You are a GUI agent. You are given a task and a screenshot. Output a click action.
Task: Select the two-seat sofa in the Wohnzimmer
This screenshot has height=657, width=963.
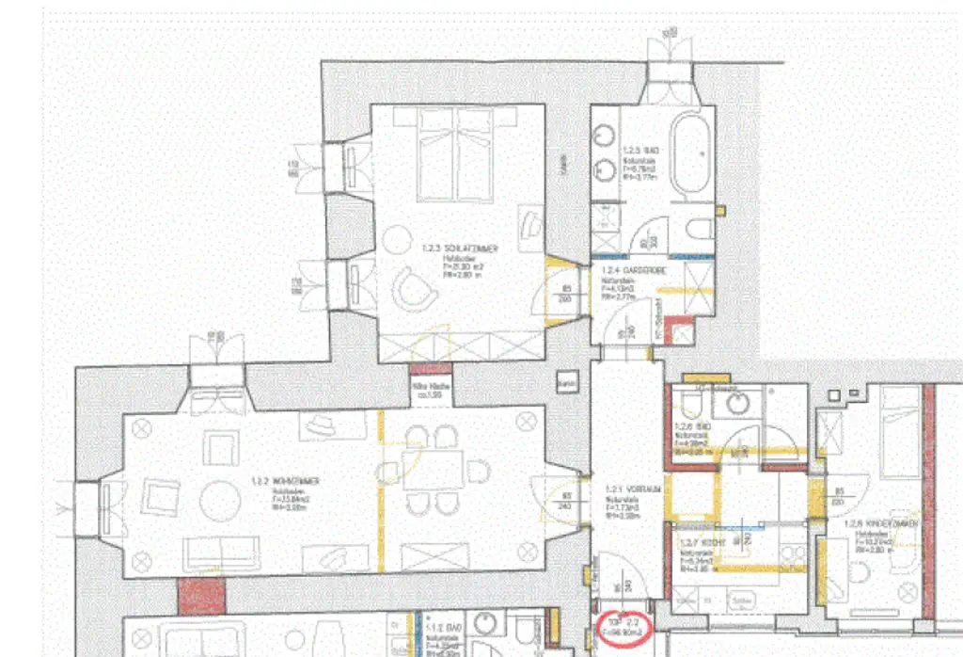pyautogui.click(x=222, y=553)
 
